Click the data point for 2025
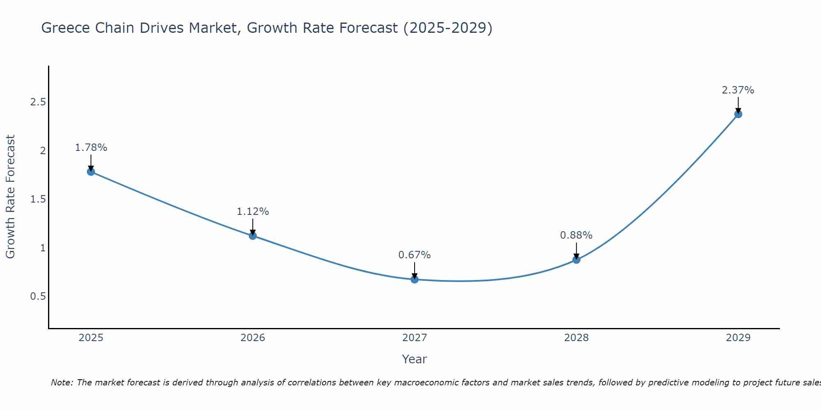tap(91, 171)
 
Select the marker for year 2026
tap(253, 236)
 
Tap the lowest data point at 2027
tap(415, 280)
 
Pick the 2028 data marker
tap(576, 260)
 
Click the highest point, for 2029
tap(738, 114)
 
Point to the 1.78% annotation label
tap(91, 148)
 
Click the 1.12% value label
tap(253, 212)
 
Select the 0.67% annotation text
tap(415, 255)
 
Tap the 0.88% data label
tap(576, 235)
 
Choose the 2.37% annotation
tap(738, 90)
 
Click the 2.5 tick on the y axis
tap(38, 102)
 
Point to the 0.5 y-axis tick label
tap(38, 296)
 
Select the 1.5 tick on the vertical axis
tap(38, 199)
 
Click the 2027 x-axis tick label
tap(415, 338)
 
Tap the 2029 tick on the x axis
tap(738, 338)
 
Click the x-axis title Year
tap(415, 359)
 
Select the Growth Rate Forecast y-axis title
tap(11, 197)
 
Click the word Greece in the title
tap(66, 28)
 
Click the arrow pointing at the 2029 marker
tap(738, 105)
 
